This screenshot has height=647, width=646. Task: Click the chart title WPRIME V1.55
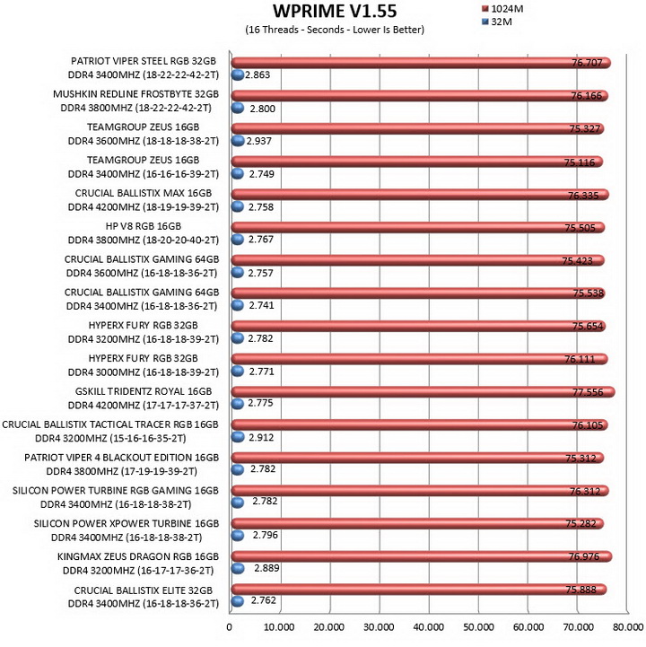point(335,11)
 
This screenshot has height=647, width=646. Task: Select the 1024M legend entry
point(502,9)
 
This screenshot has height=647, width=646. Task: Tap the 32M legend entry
point(497,22)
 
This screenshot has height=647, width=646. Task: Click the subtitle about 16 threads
point(335,30)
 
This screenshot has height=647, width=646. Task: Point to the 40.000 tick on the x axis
point(429,627)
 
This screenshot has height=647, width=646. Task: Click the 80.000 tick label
point(628,627)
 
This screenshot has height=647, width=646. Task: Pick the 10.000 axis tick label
point(279,627)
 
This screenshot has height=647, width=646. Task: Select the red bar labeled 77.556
point(423,392)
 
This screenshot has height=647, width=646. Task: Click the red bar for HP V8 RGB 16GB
point(417,227)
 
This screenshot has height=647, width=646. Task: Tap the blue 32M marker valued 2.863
point(238,74)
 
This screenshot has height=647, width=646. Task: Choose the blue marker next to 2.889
point(238,569)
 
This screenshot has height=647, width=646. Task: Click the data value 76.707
point(587,63)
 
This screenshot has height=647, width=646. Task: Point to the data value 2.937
point(259,141)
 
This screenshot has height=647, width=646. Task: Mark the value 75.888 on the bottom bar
point(581,590)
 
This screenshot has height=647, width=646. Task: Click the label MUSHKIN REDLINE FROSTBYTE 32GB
point(135,94)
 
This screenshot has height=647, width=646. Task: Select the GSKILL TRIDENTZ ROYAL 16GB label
point(144,391)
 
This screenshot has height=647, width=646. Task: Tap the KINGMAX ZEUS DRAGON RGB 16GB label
point(138,556)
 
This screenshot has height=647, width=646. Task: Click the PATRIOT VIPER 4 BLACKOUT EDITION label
point(121,458)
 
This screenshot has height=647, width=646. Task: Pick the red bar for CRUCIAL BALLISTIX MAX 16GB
point(420,195)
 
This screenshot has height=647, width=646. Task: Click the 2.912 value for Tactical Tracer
point(261,437)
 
